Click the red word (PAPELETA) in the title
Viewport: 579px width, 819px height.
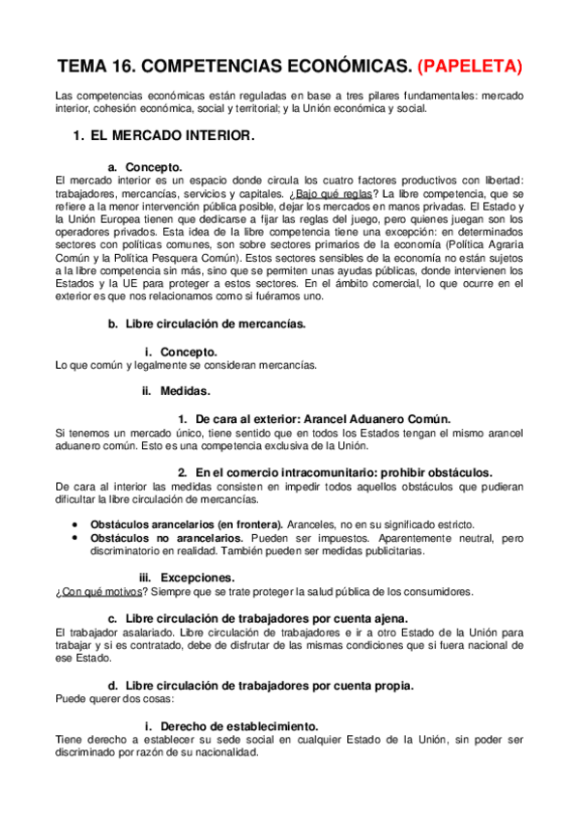470,66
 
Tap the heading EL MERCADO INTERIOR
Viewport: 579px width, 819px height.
171,136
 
